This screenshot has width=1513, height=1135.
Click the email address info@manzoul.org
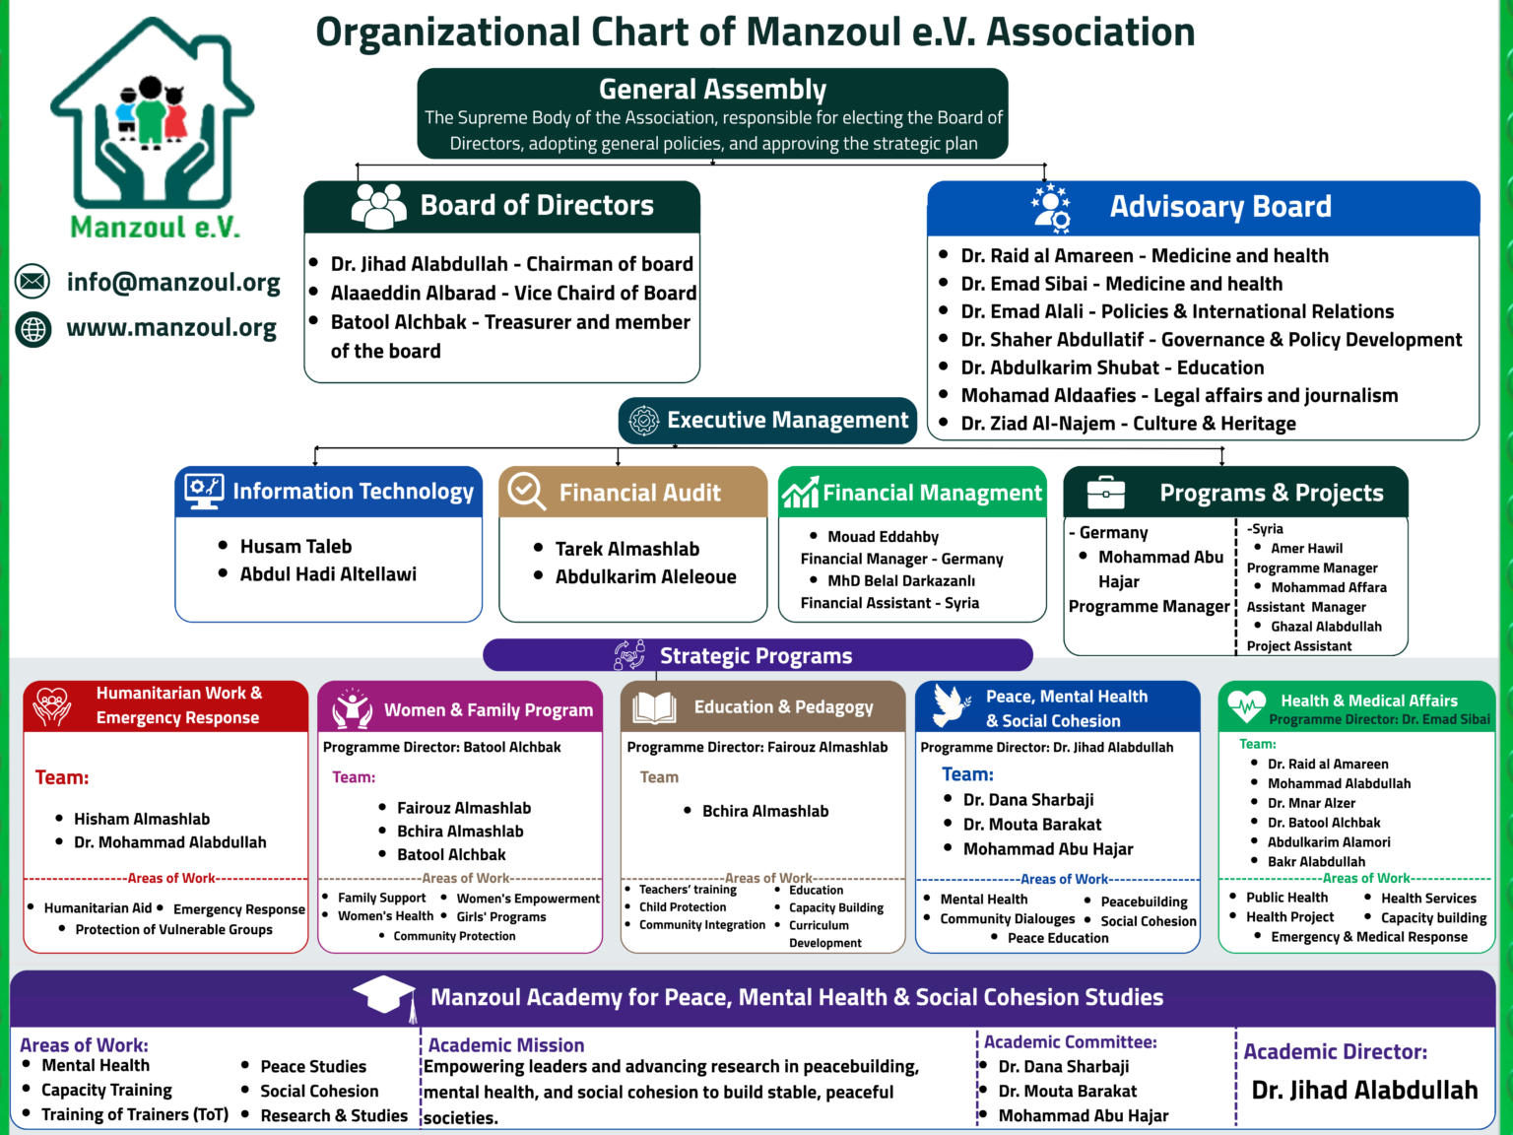[x=173, y=283]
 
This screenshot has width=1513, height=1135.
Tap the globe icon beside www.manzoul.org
[x=33, y=329]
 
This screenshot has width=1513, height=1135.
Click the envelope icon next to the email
[x=33, y=281]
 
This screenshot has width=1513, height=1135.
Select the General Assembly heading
[x=712, y=89]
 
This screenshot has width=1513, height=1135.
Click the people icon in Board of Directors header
[x=378, y=206]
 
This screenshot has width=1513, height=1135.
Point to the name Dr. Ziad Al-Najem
[x=1038, y=423]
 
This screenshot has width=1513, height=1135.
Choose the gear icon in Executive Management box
[x=644, y=421]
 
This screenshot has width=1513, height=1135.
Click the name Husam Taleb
[x=296, y=547]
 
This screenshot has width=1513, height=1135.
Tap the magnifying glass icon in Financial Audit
[x=527, y=492]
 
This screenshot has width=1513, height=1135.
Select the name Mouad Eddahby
[x=883, y=536]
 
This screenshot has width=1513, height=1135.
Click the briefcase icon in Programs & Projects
[x=1105, y=493]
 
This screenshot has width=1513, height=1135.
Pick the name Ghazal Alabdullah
[x=1326, y=627]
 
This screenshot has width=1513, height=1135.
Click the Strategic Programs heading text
[x=756, y=655]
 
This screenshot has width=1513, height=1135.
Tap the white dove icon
[x=952, y=705]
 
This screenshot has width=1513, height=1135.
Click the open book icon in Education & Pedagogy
[x=654, y=707]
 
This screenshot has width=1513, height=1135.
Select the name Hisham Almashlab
[x=142, y=819]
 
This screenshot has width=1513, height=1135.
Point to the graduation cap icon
[x=384, y=997]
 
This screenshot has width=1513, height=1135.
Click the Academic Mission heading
[x=506, y=1044]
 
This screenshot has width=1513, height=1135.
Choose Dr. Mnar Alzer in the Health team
[x=1311, y=803]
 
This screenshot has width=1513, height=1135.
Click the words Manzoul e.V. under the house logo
[x=155, y=228]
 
